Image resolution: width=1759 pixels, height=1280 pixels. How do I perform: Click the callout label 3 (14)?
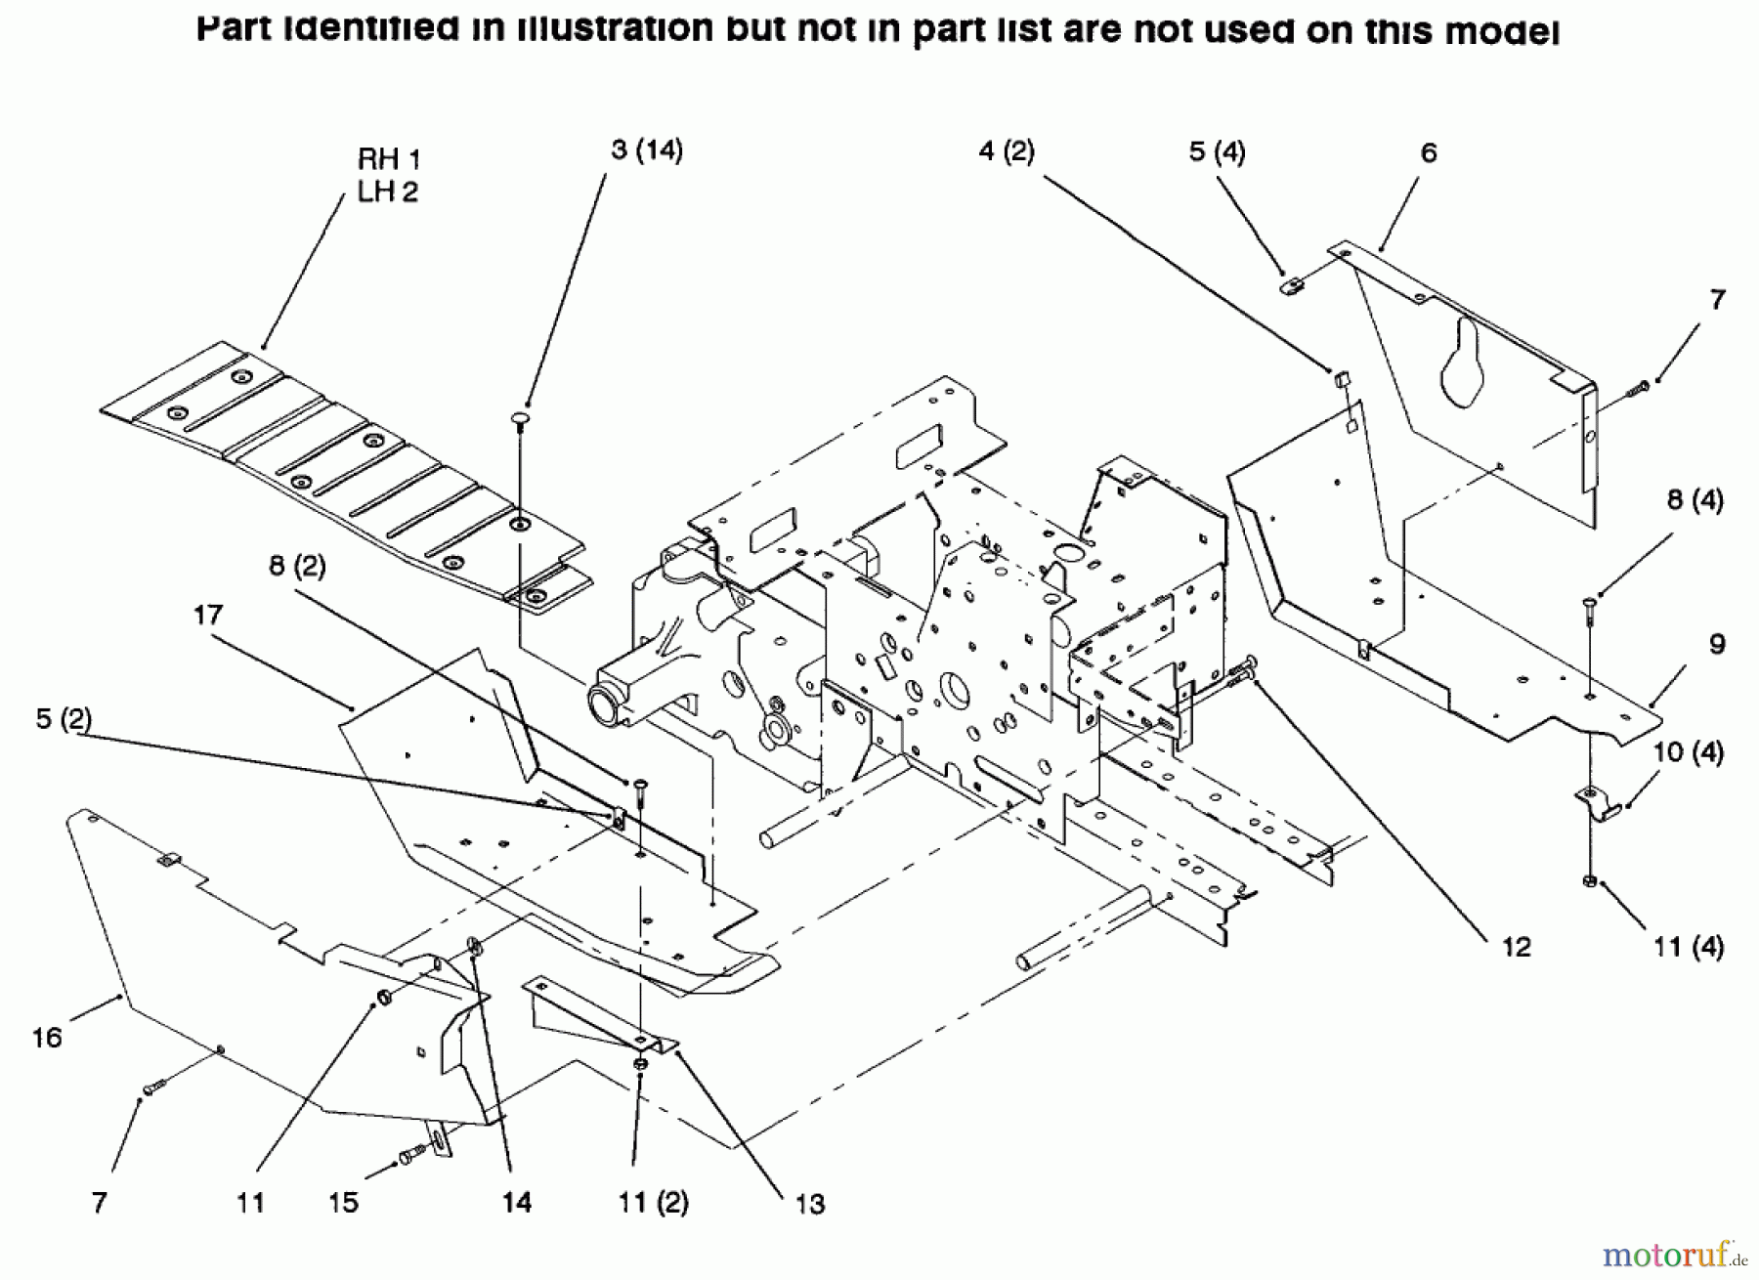[x=647, y=150]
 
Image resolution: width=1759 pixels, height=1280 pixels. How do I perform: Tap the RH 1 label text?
[x=389, y=160]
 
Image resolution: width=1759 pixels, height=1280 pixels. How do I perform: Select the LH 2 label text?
[x=388, y=192]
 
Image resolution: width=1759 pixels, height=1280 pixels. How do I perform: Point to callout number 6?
[x=1429, y=153]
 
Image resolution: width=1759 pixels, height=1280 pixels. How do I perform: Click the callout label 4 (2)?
[x=1007, y=151]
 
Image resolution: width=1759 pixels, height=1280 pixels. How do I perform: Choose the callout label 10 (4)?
[x=1689, y=753]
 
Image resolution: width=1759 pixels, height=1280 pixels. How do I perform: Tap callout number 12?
[x=1517, y=946]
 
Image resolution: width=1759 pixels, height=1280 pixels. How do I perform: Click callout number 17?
[x=208, y=615]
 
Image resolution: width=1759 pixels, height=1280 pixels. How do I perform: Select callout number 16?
[x=47, y=1038]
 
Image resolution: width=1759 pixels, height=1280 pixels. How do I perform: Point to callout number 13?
[x=810, y=1204]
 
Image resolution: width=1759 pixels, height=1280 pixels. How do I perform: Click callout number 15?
[x=343, y=1202]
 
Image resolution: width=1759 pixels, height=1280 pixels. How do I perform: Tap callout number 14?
[x=516, y=1202]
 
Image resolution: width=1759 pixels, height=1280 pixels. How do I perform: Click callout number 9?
[x=1717, y=644]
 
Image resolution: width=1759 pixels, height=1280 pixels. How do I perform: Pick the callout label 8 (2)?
[x=297, y=567]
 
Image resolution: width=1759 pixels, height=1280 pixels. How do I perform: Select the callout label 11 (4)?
[x=1689, y=947]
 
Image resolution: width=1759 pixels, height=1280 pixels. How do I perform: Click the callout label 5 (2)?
[x=64, y=719]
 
